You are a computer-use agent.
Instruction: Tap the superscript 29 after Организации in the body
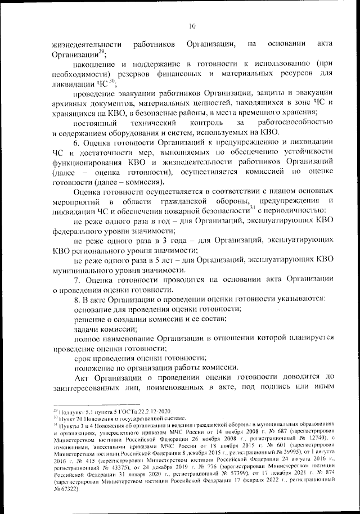(x=102, y=52)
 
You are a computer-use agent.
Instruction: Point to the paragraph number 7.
(x=77, y=279)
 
